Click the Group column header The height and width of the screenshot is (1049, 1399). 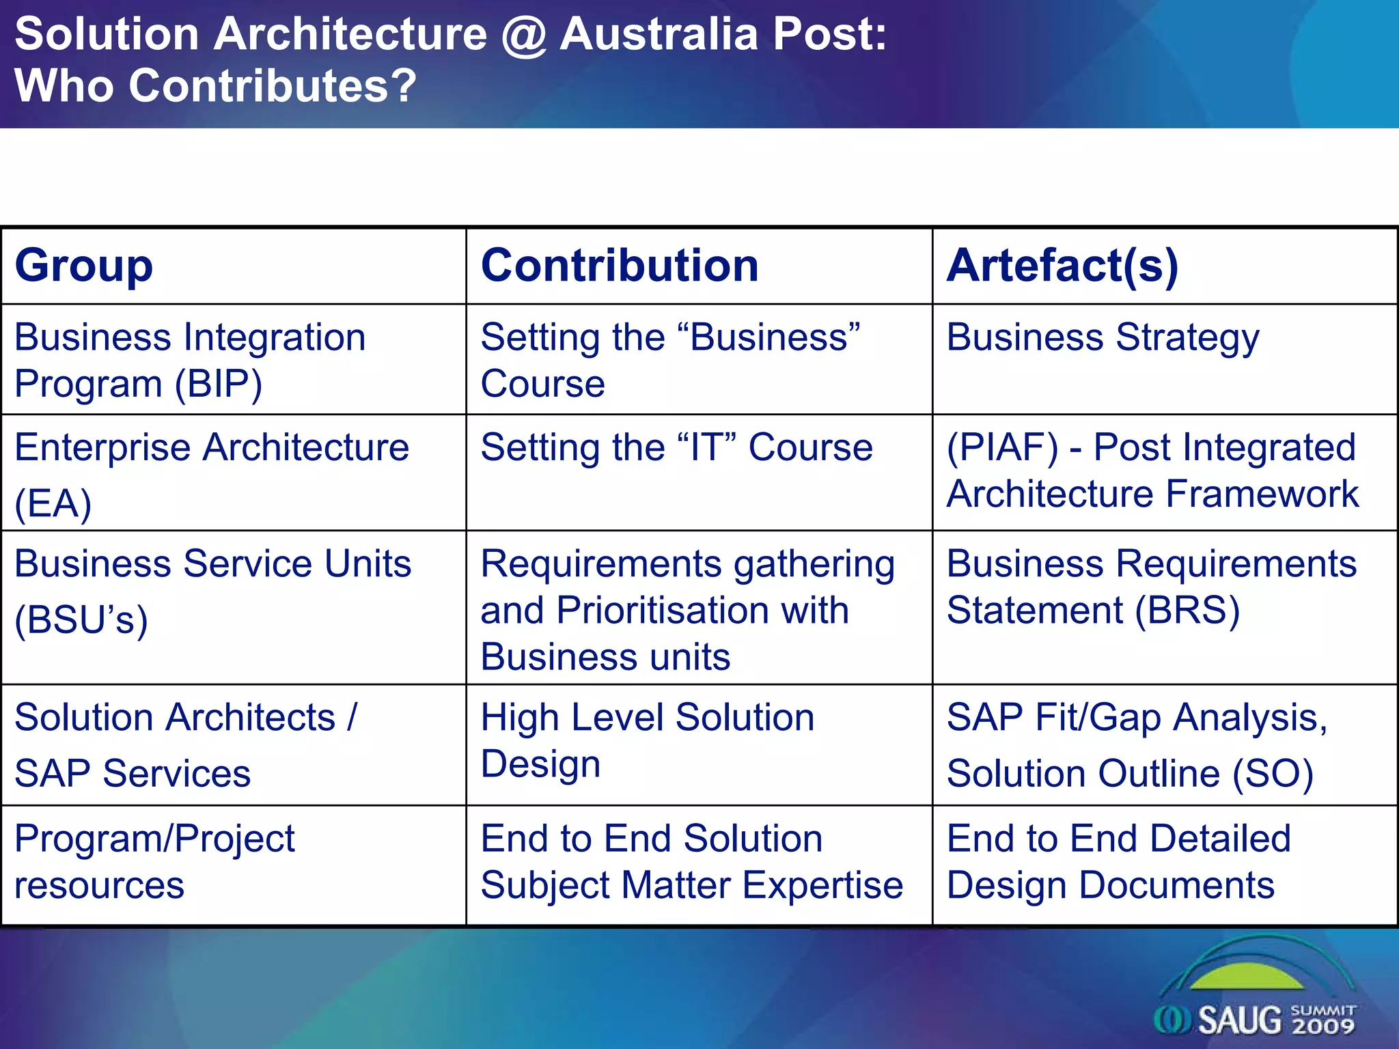[83, 266]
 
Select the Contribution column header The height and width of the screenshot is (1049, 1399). [619, 266]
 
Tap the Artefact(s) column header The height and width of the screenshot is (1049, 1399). [1062, 266]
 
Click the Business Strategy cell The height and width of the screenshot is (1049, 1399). [1103, 338]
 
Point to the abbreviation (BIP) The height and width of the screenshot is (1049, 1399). [218, 384]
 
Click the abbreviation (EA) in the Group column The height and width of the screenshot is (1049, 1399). [53, 504]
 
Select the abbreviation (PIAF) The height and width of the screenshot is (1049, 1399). [1002, 448]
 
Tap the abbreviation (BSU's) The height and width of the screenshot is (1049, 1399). [81, 620]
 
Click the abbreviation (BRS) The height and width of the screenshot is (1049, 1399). [1187, 610]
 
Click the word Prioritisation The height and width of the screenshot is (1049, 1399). [702, 610]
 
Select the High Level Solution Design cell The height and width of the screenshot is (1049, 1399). [647, 740]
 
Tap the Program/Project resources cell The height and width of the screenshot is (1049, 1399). [154, 862]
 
